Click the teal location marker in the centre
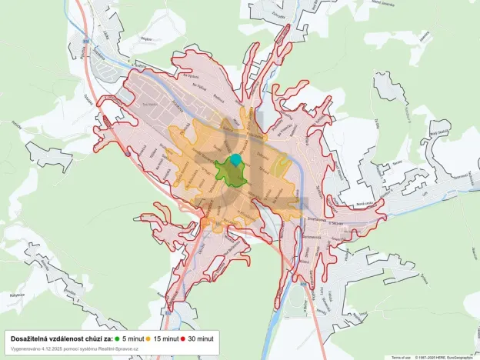click(236, 159)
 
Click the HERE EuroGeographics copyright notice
click(446, 357)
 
